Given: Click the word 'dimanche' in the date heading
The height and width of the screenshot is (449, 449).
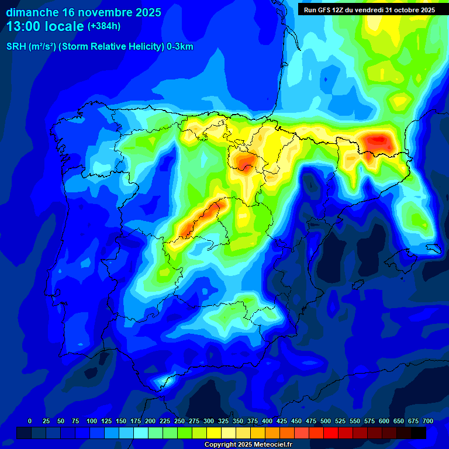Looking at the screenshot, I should pyautogui.click(x=32, y=12).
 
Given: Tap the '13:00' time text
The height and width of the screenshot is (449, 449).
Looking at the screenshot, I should pyautogui.click(x=23, y=26).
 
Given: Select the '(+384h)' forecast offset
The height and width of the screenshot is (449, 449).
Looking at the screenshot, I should pyautogui.click(x=103, y=26).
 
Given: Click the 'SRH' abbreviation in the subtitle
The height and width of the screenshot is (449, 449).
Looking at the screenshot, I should pyautogui.click(x=16, y=47).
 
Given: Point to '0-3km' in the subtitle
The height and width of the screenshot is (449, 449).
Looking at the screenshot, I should pyautogui.click(x=180, y=47).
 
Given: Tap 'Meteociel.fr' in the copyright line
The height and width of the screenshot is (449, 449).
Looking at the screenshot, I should pyautogui.click(x=271, y=445).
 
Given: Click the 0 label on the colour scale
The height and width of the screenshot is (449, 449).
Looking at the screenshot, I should pyautogui.click(x=30, y=421).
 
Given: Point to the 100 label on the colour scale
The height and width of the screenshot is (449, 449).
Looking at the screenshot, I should pyautogui.click(x=92, y=421).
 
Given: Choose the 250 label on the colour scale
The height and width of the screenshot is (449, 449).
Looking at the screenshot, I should pyautogui.click(x=179, y=421).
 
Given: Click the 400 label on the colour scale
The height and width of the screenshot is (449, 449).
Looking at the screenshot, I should pyautogui.click(x=267, y=421).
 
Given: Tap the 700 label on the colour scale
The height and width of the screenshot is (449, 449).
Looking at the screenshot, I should pyautogui.click(x=427, y=421).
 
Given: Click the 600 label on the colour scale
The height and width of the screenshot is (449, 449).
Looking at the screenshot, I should pyautogui.click(x=384, y=421).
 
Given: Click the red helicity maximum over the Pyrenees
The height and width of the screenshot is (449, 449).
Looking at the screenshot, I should pyautogui.click(x=376, y=140).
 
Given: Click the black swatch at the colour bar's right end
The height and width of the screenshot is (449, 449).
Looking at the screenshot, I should pyautogui.click(x=419, y=433).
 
